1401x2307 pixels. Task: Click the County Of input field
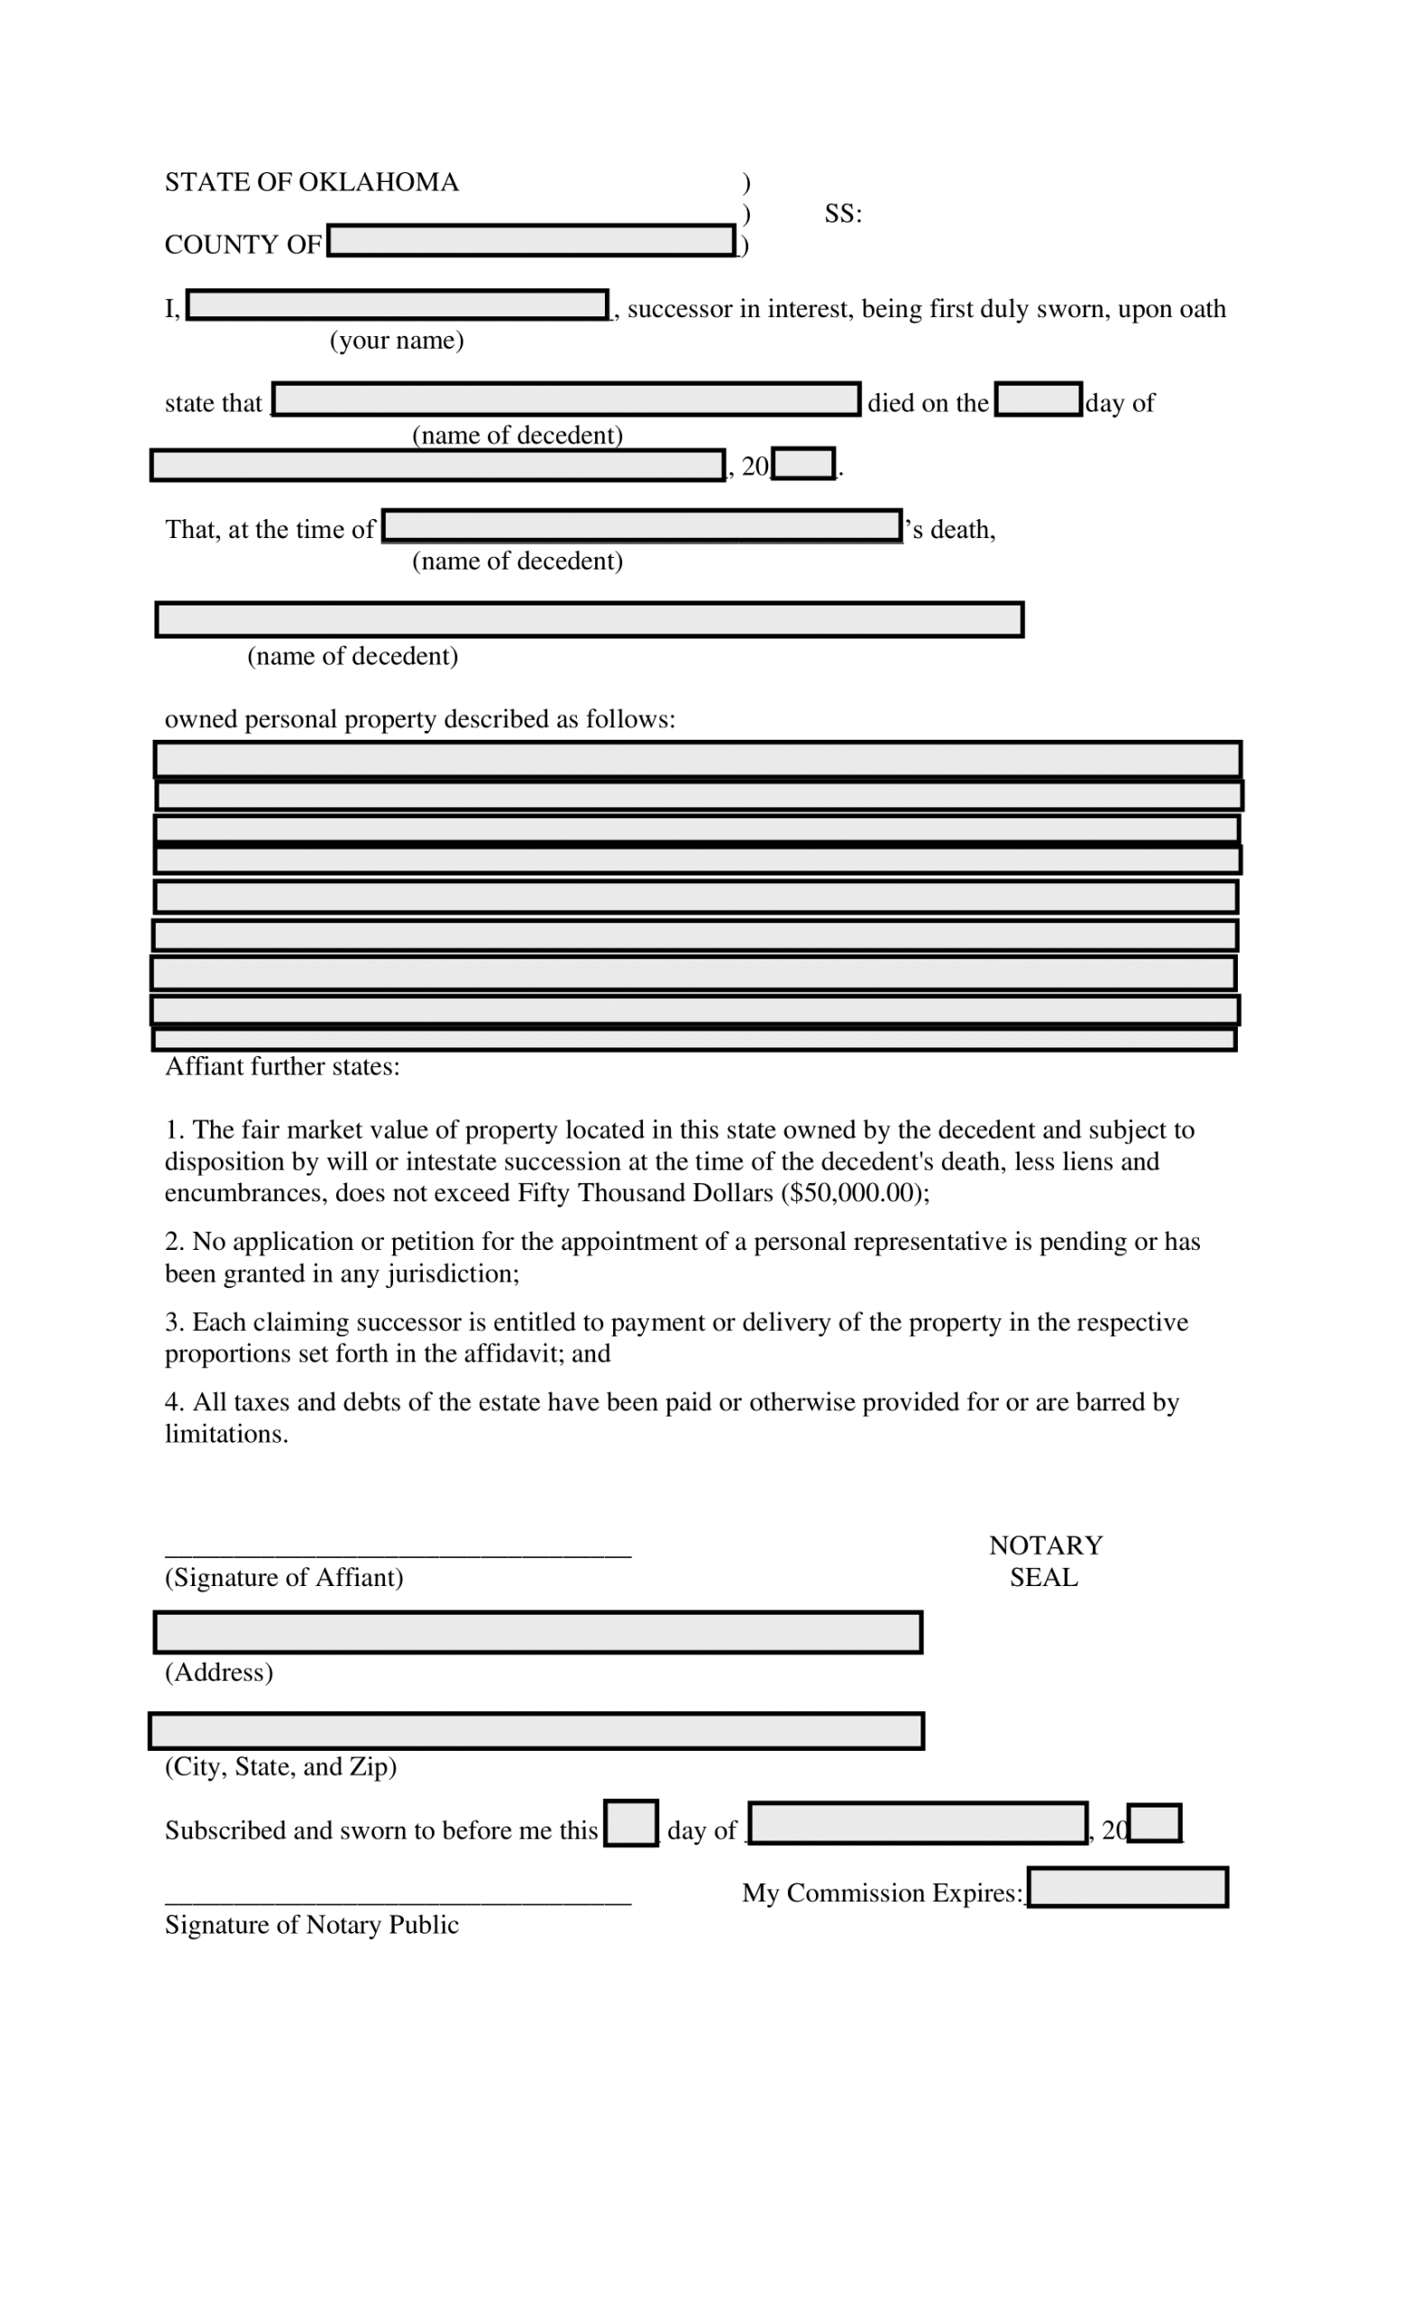pyautogui.click(x=531, y=241)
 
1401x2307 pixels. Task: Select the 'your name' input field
pyautogui.click(x=398, y=305)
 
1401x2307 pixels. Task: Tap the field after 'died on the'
pyautogui.click(x=1038, y=400)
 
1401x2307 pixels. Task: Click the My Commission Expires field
pyautogui.click(x=1127, y=1887)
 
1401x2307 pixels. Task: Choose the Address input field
pyautogui.click(x=538, y=1632)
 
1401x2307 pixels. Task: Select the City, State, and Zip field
pyautogui.click(x=536, y=1731)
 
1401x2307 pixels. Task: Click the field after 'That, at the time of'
pyautogui.click(x=643, y=526)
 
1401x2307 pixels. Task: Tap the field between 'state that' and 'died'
pyautogui.click(x=565, y=400)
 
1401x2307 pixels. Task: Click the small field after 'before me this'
pyautogui.click(x=630, y=1824)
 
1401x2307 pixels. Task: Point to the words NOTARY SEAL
pyautogui.click(x=1045, y=1561)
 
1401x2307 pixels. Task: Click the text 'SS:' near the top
pyautogui.click(x=843, y=214)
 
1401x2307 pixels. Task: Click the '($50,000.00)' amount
pyautogui.click(x=853, y=1193)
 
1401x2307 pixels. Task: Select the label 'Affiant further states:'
pyautogui.click(x=282, y=1066)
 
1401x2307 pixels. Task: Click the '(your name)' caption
pyautogui.click(x=396, y=340)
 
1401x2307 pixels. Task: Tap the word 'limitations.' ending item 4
pyautogui.click(x=226, y=1434)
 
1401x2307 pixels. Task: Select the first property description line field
pyautogui.click(x=698, y=760)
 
